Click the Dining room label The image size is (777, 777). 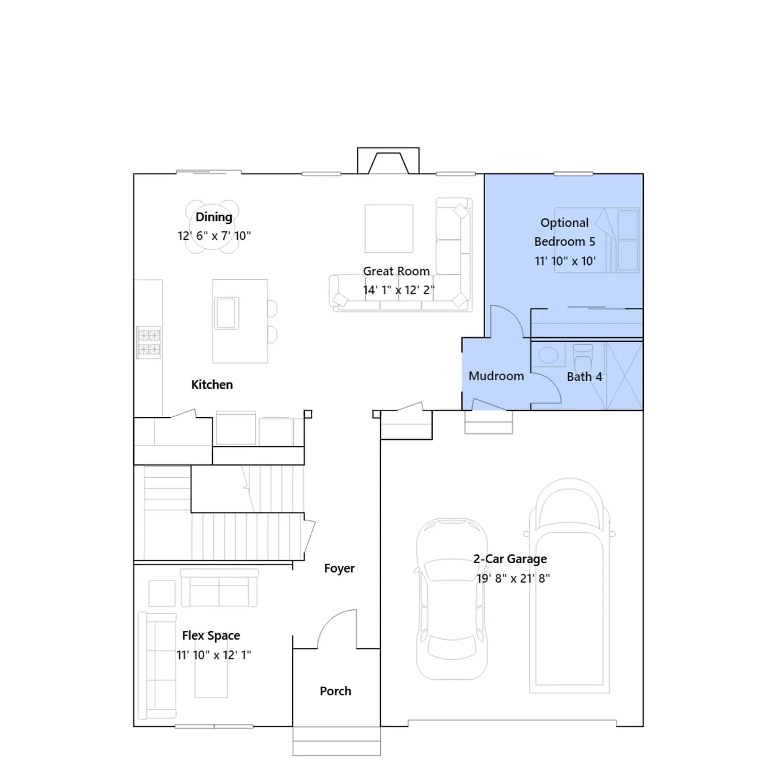point(214,217)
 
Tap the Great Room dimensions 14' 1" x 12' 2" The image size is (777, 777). point(399,290)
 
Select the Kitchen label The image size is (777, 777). point(212,385)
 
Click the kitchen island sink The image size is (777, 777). point(226,313)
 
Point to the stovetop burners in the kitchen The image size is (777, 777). point(149,342)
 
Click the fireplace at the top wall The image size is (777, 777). point(388,161)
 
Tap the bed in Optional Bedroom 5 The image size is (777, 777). point(597,240)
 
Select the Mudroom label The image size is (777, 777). point(496,376)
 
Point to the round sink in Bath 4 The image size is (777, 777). point(548,355)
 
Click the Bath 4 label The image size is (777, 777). point(584,377)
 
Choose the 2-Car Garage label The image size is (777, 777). point(510,559)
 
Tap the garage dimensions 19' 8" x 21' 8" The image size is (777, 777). point(513,578)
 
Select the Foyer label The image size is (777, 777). point(339,568)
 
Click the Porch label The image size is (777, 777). point(336,691)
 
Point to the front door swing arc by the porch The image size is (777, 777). point(330,620)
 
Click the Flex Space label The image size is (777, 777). point(211,636)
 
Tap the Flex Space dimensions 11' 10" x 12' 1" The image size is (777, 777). point(214,655)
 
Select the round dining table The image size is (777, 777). point(212,227)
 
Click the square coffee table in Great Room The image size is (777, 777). point(389,229)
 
